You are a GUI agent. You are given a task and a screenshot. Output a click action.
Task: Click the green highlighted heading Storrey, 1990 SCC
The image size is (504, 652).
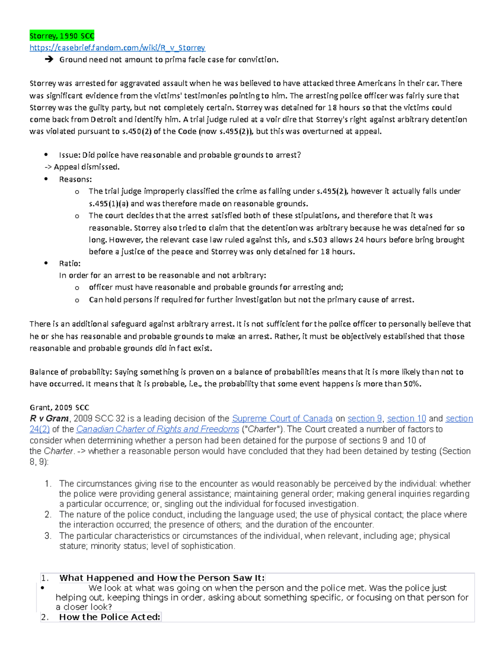pyautogui.click(x=62, y=36)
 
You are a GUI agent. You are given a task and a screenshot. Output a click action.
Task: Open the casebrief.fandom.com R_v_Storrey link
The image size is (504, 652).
pyautogui.click(x=117, y=48)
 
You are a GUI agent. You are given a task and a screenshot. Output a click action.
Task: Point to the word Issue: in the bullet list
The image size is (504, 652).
pyautogui.click(x=70, y=155)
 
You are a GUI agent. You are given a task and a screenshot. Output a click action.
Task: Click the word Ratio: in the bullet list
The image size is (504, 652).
pyautogui.click(x=70, y=264)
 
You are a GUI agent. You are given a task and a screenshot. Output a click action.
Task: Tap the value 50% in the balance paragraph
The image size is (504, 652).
pyautogui.click(x=412, y=384)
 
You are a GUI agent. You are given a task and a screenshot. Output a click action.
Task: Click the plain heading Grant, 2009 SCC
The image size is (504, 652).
pyautogui.click(x=59, y=408)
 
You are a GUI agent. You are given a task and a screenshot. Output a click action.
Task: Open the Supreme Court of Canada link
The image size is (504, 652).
pyautogui.click(x=282, y=419)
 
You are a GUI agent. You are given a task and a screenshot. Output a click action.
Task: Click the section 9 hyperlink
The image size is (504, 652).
pyautogui.click(x=365, y=419)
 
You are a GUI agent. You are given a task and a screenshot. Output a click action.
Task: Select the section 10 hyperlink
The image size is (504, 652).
pyautogui.click(x=406, y=419)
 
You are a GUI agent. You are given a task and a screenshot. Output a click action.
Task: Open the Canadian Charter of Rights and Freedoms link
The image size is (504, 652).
pyautogui.click(x=157, y=429)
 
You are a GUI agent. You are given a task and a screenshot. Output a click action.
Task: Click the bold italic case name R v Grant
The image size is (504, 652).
pyautogui.click(x=49, y=419)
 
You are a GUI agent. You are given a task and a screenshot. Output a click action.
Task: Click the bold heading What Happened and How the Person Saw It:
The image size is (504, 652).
pyautogui.click(x=162, y=578)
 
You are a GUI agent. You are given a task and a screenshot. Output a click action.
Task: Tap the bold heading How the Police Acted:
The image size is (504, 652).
pyautogui.click(x=110, y=617)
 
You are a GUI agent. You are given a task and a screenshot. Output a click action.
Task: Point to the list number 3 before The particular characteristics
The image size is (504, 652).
pyautogui.click(x=47, y=536)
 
